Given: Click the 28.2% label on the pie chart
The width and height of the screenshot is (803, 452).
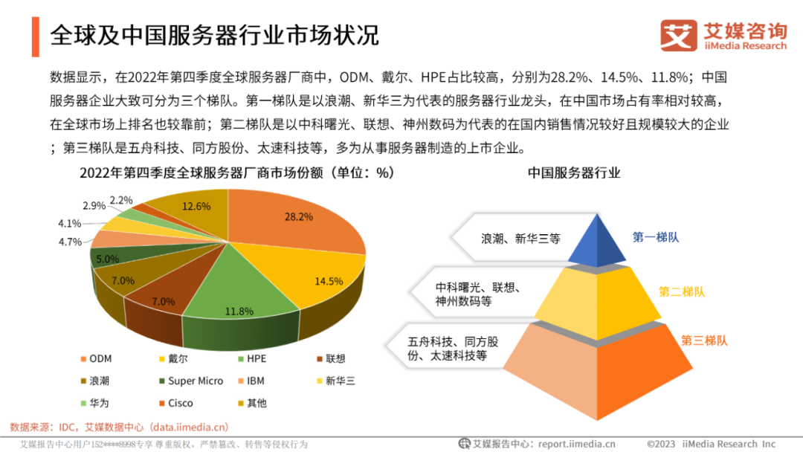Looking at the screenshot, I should (x=298, y=216).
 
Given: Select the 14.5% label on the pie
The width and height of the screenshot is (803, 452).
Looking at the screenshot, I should (x=329, y=281).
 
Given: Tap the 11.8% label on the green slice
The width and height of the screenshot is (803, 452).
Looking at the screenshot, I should (x=240, y=311).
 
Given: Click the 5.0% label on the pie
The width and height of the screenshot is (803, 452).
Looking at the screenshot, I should (x=108, y=259).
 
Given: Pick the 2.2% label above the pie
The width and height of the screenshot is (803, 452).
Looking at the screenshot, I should (x=120, y=200).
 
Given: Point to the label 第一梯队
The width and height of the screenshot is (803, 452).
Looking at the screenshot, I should (x=656, y=237).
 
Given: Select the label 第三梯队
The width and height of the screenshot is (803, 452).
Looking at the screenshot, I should (x=704, y=340).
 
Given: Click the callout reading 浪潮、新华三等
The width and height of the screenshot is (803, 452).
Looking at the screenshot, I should (x=520, y=239).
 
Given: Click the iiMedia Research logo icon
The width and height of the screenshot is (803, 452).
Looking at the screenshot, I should (x=678, y=35).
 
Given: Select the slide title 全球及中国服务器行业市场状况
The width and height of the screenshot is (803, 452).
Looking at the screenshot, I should (x=215, y=35).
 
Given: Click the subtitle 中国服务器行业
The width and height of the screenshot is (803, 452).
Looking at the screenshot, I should (x=574, y=172).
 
